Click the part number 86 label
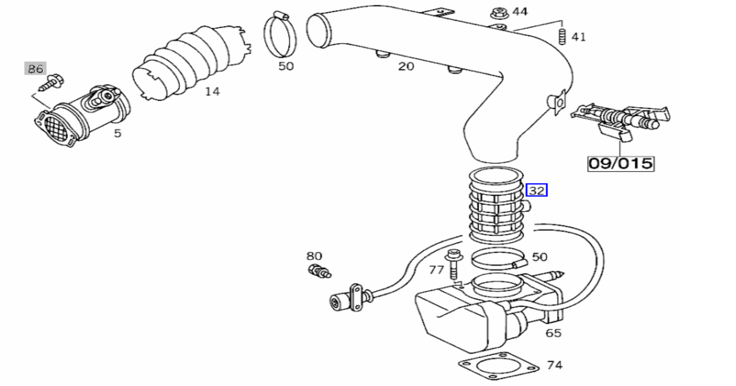tap(35, 68)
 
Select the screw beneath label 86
tap(51, 82)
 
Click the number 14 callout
tap(212, 92)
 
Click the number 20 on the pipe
tap(406, 67)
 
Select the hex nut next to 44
tap(499, 14)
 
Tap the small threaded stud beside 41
tap(562, 37)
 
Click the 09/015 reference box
tap(621, 164)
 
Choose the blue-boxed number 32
tap(537, 190)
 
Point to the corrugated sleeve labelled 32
tap(496, 206)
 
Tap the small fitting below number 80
tap(320, 271)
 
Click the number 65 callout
tap(553, 333)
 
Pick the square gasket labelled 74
tap(499, 366)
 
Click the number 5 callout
tap(117, 133)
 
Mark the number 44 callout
tap(520, 12)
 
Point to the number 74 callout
tap(555, 365)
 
